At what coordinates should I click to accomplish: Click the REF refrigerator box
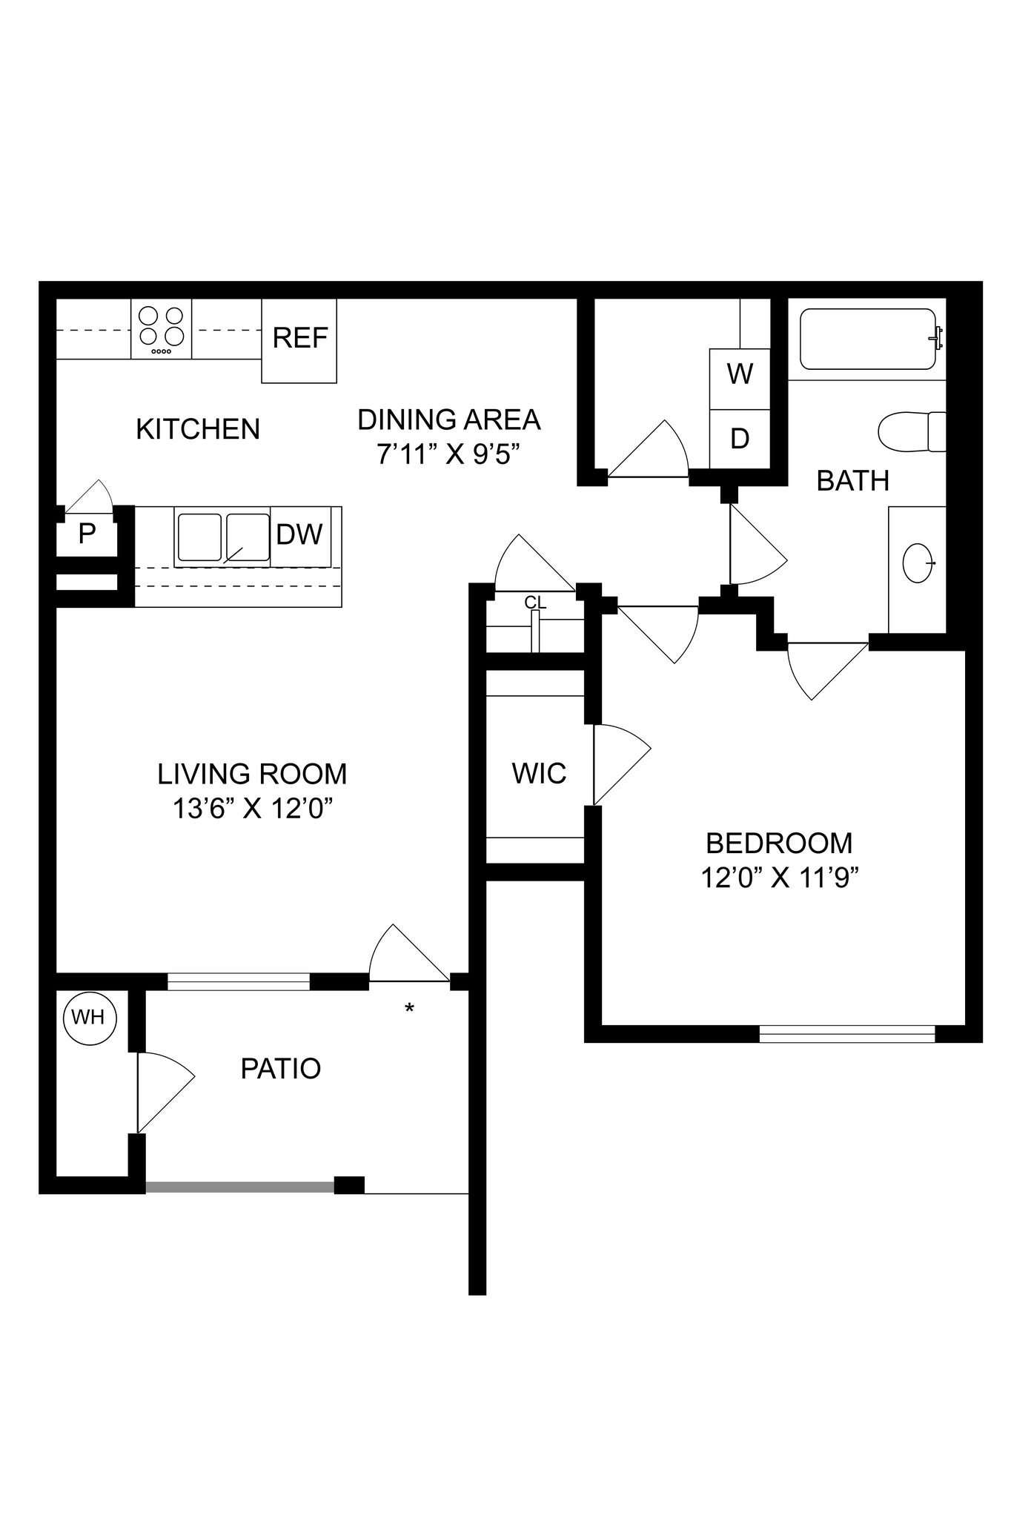[x=299, y=340]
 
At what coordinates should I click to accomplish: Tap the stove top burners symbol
[x=162, y=328]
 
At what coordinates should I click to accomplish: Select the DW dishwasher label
[x=299, y=534]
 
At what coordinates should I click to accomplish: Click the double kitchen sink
[x=222, y=536]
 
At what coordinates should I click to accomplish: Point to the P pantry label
[x=87, y=534]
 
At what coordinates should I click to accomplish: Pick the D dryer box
[x=740, y=439]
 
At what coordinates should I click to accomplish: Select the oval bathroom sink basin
[x=918, y=563]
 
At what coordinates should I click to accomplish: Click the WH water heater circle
[x=89, y=1018]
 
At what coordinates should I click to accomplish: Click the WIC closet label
[x=539, y=774]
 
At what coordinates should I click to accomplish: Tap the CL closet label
[x=535, y=603]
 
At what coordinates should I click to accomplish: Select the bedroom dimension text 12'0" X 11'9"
[x=779, y=878]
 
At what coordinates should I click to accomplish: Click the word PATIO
[x=281, y=1069]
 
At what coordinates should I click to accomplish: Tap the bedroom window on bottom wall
[x=847, y=1033]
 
